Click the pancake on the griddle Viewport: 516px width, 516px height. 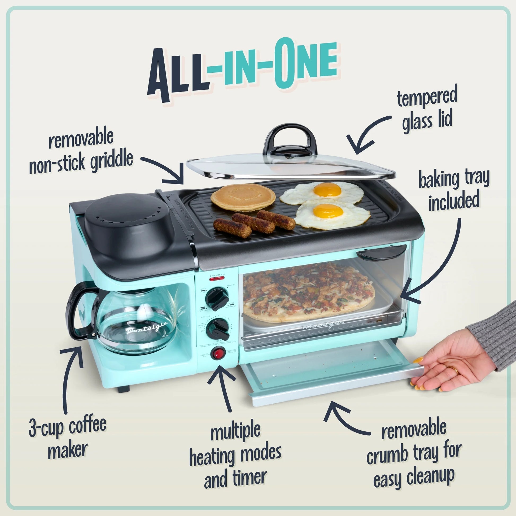[x=243, y=198]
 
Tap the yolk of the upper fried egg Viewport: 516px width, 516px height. [x=327, y=190]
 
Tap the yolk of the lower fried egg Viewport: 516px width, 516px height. [x=328, y=211]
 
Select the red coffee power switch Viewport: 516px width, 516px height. [x=218, y=353]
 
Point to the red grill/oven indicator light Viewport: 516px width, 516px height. [x=217, y=279]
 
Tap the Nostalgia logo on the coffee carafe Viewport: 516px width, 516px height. [x=147, y=327]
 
